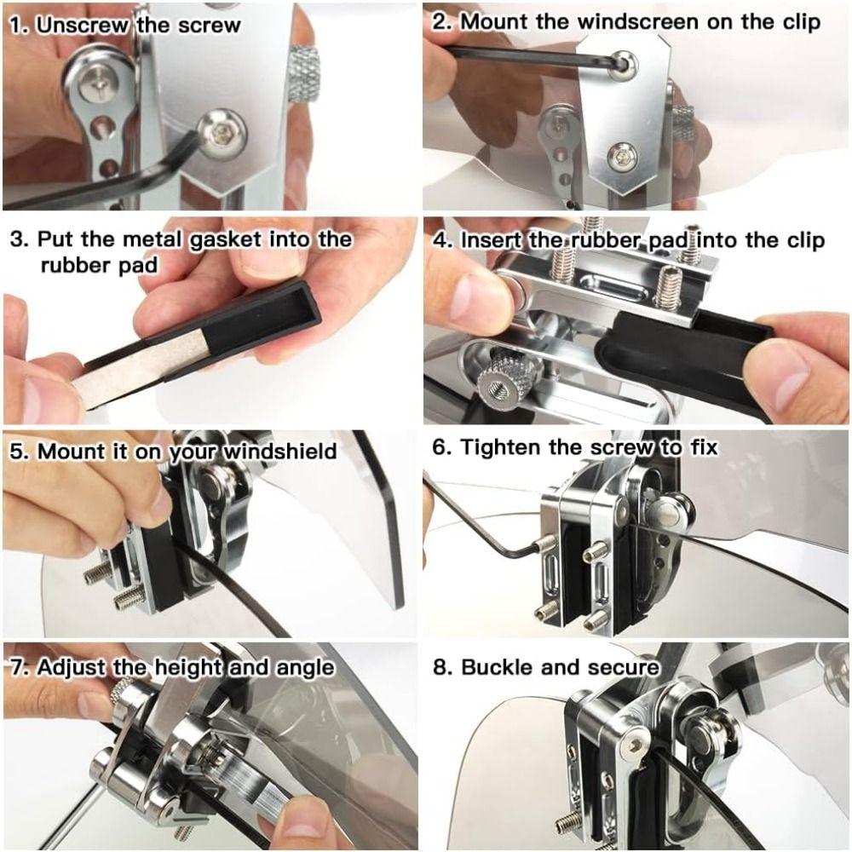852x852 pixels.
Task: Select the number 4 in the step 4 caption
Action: pos(440,239)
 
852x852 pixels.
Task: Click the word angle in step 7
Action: pos(303,667)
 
